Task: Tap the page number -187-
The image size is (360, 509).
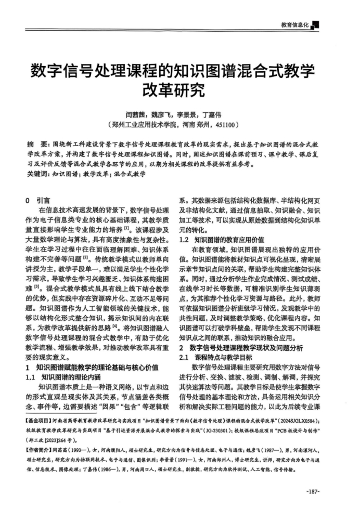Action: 313,491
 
